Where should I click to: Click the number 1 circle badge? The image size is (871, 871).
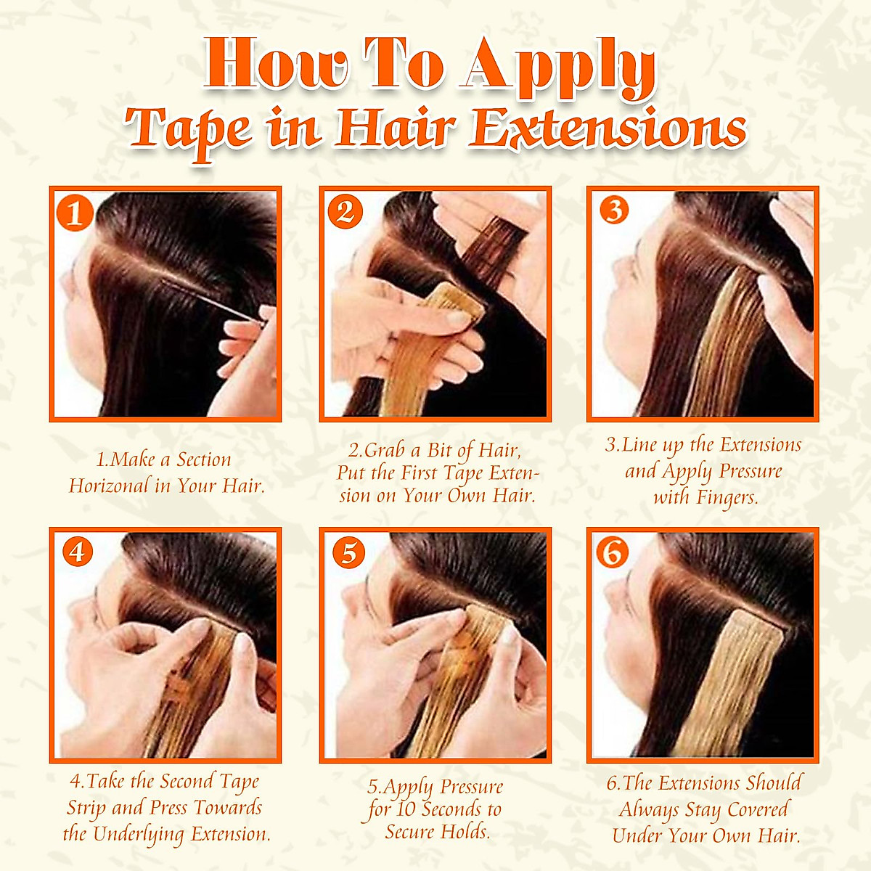click(75, 214)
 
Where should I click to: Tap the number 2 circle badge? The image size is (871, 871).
click(345, 212)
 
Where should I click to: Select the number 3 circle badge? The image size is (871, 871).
click(614, 210)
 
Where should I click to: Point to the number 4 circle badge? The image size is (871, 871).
click(78, 552)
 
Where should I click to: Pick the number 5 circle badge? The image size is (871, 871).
click(348, 552)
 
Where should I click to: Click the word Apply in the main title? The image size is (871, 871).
click(559, 67)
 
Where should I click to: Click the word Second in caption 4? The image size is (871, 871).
click(187, 782)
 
